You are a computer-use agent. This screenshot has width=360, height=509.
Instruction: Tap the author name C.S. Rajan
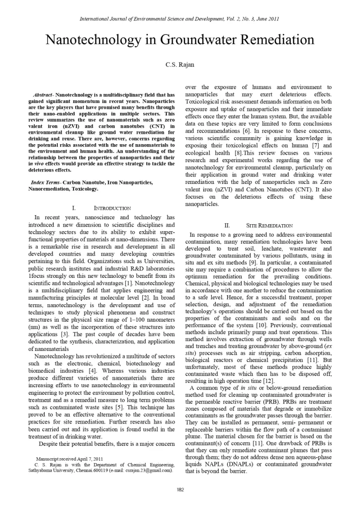(x=180, y=65)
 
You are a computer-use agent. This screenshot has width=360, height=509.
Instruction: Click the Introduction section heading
(x=112, y=208)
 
